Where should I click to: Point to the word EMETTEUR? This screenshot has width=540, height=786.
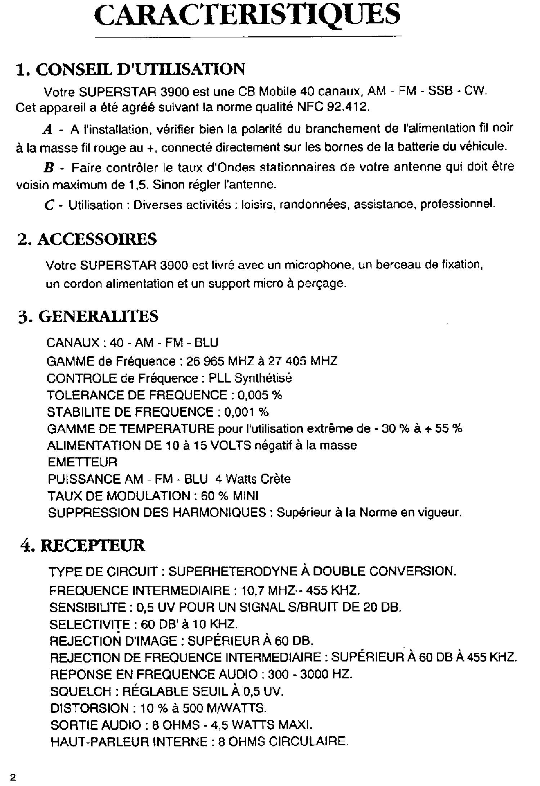tap(82, 462)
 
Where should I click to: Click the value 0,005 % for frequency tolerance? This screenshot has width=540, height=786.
tap(260, 395)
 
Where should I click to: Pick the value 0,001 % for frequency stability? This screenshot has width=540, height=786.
tap(246, 412)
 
